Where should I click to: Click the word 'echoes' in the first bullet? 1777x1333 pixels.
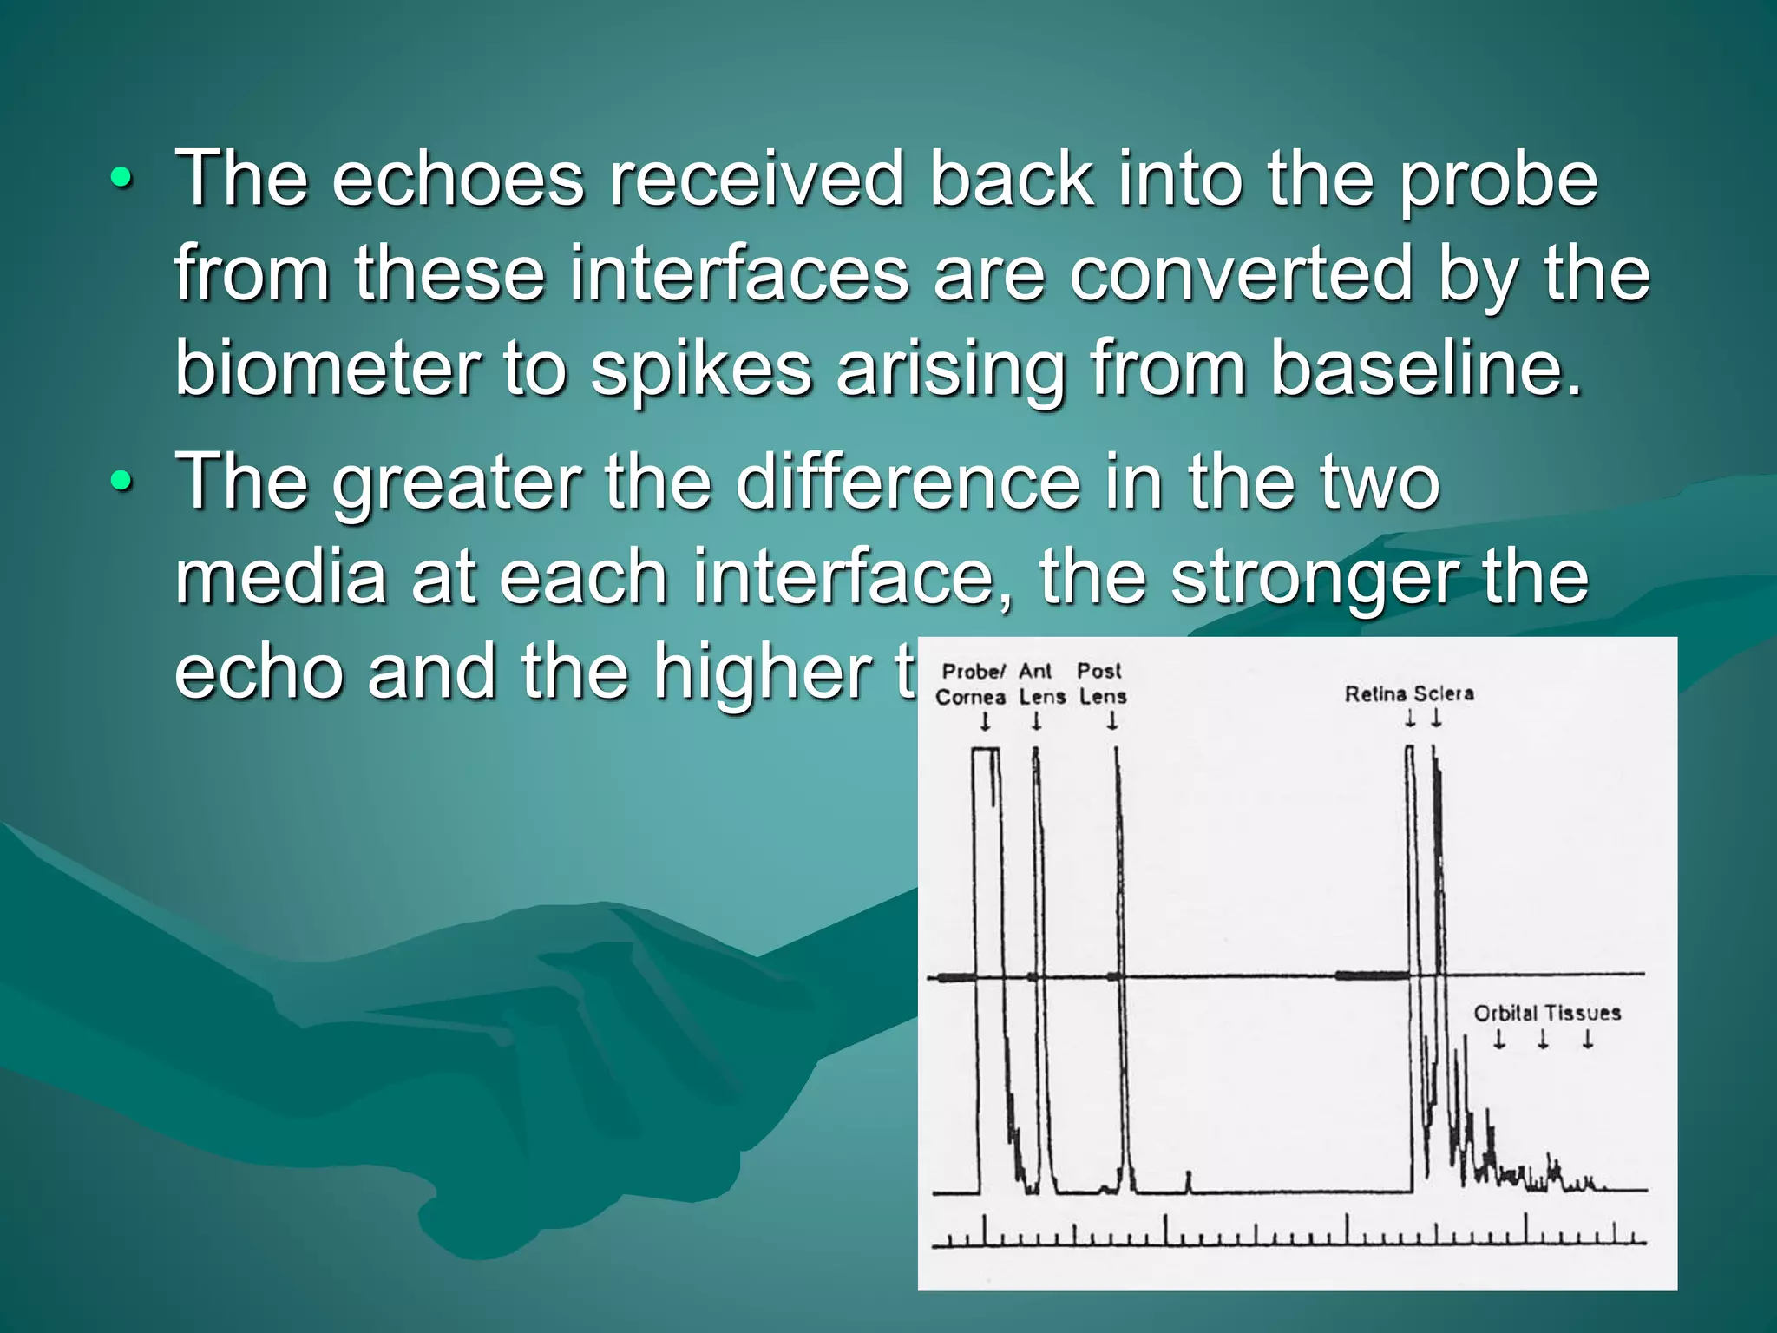click(x=458, y=180)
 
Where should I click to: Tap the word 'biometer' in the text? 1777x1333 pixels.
click(x=327, y=368)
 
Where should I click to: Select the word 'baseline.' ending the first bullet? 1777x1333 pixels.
click(x=1426, y=368)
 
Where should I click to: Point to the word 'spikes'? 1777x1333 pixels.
click(x=701, y=370)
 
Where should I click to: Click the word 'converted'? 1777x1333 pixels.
click(x=1242, y=274)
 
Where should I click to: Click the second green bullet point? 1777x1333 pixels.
click(x=121, y=483)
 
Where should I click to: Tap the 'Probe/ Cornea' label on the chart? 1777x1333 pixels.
click(x=972, y=684)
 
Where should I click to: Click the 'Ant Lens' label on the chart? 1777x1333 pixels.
click(x=1041, y=684)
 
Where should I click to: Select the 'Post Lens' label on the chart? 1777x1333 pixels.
click(x=1102, y=684)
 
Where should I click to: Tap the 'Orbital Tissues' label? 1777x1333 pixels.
click(x=1547, y=1013)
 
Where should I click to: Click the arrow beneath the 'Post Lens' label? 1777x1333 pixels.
click(x=1112, y=721)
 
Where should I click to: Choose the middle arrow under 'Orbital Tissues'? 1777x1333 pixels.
click(x=1543, y=1040)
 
